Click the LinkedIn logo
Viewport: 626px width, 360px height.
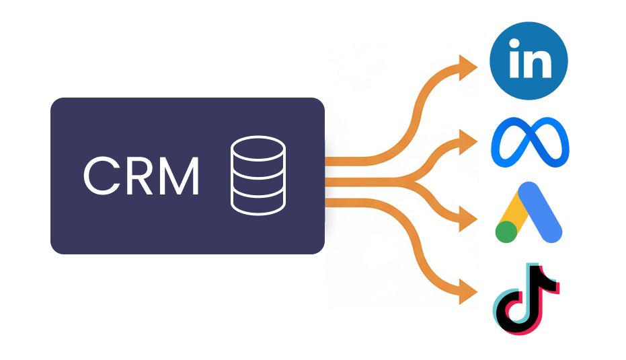[529, 61]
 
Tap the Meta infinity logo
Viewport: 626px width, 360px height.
[530, 142]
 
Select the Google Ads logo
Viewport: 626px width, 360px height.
[529, 212]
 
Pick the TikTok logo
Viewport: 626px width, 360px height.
[526, 299]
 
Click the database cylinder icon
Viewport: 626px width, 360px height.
[258, 175]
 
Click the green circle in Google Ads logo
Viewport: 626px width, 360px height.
[506, 231]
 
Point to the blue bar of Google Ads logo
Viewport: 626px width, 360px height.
[540, 212]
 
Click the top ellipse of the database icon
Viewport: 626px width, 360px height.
[258, 148]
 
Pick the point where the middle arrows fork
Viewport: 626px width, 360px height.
[416, 182]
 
